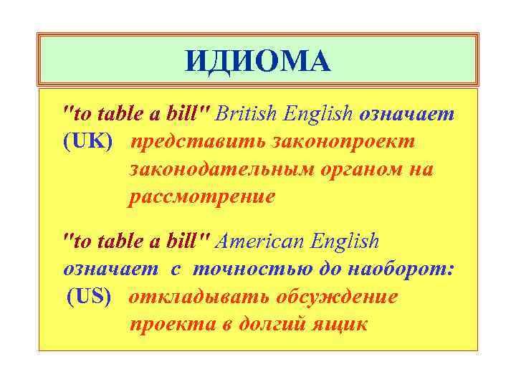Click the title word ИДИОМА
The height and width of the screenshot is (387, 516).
click(x=258, y=61)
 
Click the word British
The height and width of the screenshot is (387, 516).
click(x=247, y=113)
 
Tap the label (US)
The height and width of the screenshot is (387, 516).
click(x=90, y=296)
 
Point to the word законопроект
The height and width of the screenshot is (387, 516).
click(x=343, y=141)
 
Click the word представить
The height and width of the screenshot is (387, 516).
click(x=196, y=141)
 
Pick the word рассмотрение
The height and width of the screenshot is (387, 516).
click(x=201, y=197)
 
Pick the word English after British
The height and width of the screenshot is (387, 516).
click(x=320, y=113)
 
